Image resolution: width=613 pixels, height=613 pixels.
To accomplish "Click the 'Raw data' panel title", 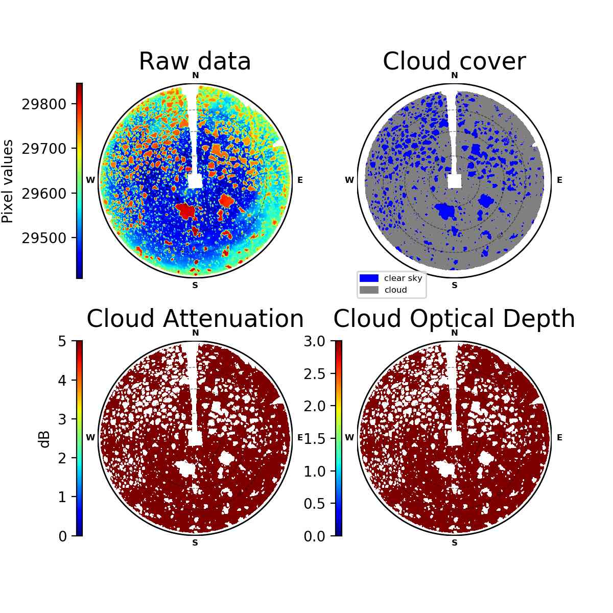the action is pyautogui.click(x=195, y=61).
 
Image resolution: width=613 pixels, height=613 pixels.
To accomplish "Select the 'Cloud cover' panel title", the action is pyautogui.click(x=454, y=61).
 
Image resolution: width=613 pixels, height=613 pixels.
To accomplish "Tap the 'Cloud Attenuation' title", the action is pyautogui.click(x=195, y=318).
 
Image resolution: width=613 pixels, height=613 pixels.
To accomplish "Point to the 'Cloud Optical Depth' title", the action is pyautogui.click(x=454, y=318).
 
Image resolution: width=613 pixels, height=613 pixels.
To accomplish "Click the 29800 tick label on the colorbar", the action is pyautogui.click(x=44, y=104).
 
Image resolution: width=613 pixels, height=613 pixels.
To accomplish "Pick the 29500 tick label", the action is pyautogui.click(x=44, y=238).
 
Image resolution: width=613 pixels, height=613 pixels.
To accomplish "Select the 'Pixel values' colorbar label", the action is pyautogui.click(x=7, y=181).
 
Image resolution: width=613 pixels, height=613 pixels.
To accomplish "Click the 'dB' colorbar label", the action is pyautogui.click(x=45, y=439).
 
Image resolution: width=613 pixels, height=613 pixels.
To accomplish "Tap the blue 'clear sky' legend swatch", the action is pyautogui.click(x=369, y=278).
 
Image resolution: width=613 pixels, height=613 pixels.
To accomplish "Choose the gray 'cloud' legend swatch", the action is pyautogui.click(x=369, y=290).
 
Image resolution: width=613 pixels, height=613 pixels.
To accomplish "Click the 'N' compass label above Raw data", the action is pyautogui.click(x=195, y=76).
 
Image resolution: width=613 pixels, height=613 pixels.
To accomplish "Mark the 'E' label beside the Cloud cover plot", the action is pyautogui.click(x=559, y=180).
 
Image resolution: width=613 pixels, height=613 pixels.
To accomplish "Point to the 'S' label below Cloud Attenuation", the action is pyautogui.click(x=195, y=543).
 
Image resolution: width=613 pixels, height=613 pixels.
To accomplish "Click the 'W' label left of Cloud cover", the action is pyautogui.click(x=349, y=180).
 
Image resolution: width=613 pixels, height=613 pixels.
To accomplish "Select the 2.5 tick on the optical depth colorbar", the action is pyautogui.click(x=315, y=374).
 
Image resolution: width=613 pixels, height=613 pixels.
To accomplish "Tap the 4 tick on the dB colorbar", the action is pyautogui.click(x=62, y=380).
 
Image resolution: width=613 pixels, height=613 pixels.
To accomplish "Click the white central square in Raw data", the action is pyautogui.click(x=195, y=181).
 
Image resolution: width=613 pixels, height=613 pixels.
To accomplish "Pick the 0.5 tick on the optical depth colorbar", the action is pyautogui.click(x=315, y=504).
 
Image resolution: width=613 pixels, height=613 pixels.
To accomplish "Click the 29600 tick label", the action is pyautogui.click(x=44, y=194).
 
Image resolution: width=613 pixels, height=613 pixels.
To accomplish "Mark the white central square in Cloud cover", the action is pyautogui.click(x=454, y=181).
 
